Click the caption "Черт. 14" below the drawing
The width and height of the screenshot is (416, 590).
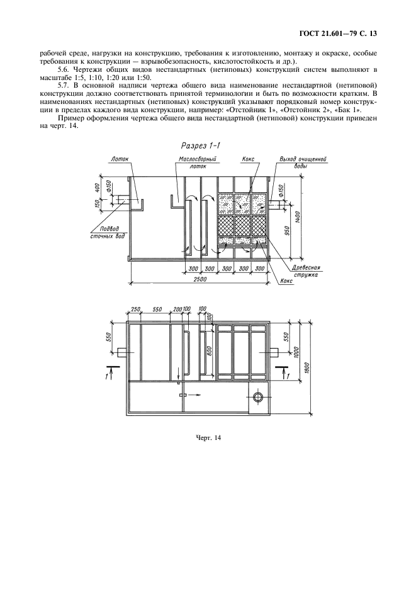pyautogui.click(x=208, y=437)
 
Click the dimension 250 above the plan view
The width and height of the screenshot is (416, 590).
pyautogui.click(x=135, y=309)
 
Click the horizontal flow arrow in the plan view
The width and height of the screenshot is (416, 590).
pyautogui.click(x=195, y=395)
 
